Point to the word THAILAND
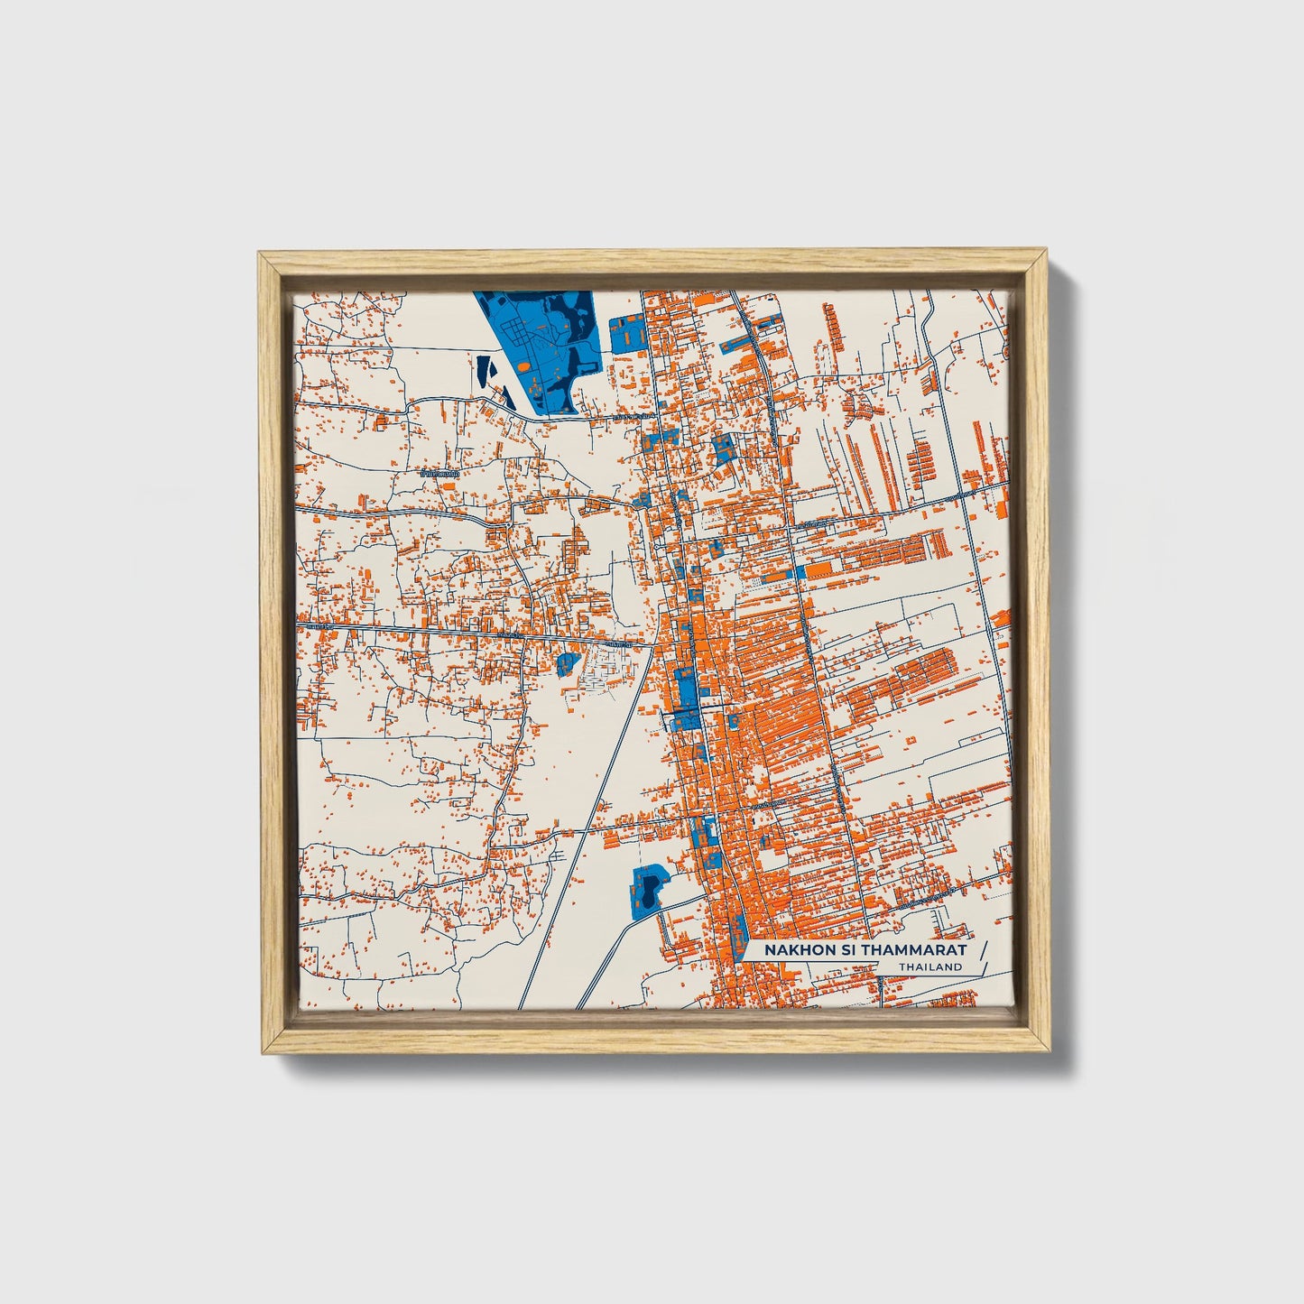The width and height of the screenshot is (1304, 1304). [x=930, y=967]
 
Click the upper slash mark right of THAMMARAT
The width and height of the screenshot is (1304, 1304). [x=983, y=949]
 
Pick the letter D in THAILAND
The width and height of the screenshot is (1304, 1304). [x=958, y=967]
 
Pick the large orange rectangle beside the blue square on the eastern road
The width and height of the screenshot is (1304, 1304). [x=819, y=570]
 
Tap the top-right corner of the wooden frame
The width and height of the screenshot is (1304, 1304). [x=1047, y=255]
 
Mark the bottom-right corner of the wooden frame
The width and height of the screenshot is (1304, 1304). [x=1047, y=1051]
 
